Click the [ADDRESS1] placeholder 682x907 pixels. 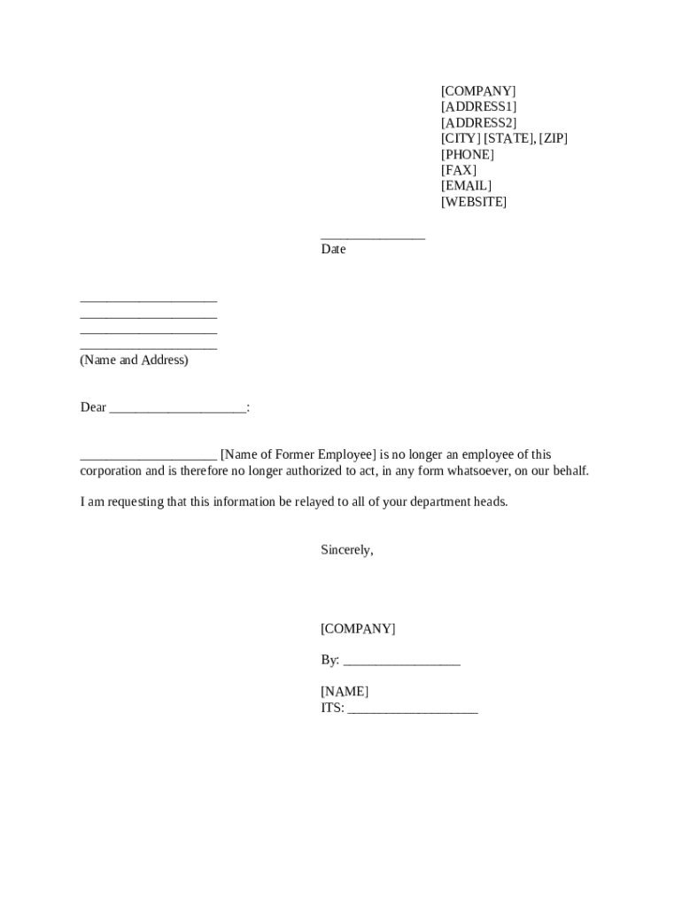478,107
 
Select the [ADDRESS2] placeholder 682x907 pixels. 478,123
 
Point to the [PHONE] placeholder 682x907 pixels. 468,155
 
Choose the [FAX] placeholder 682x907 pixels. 459,170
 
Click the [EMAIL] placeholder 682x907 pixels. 466,186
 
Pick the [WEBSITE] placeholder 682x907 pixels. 474,202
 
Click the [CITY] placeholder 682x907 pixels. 461,139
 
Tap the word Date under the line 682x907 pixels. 333,250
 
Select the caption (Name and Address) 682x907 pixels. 134,360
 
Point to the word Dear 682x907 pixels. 93,407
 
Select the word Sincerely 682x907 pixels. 346,550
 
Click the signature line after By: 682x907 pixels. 401,662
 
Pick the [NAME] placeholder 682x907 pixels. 345,692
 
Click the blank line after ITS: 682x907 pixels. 413,709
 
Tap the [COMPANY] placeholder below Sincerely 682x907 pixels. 358,629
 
